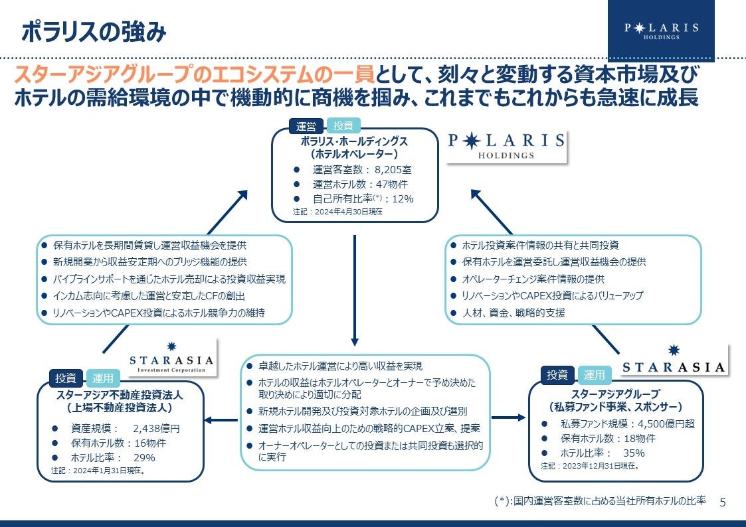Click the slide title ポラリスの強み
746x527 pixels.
tap(94, 31)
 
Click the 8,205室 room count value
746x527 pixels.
tap(393, 169)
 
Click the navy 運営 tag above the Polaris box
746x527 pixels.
tap(306, 126)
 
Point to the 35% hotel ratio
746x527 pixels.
tap(634, 453)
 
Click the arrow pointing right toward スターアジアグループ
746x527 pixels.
tap(508, 417)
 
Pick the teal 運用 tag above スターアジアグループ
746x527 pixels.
tap(595, 376)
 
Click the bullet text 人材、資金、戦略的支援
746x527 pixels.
tap(513, 313)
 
